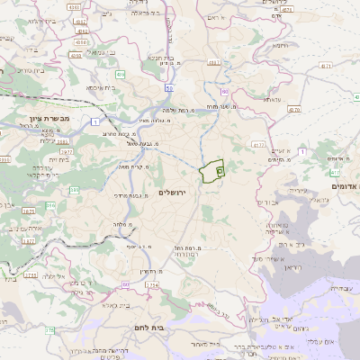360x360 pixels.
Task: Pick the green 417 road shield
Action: (334, 171)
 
